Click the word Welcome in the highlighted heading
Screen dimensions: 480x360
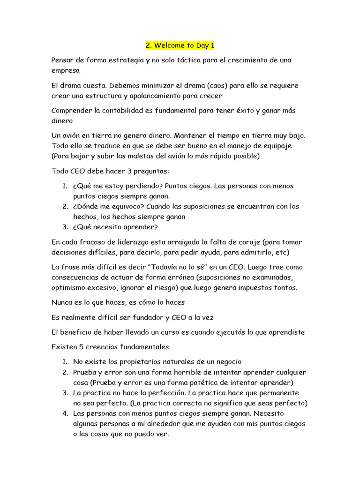pos(168,45)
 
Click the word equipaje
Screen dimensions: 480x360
pos(275,145)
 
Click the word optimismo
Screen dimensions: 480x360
pos(68,287)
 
